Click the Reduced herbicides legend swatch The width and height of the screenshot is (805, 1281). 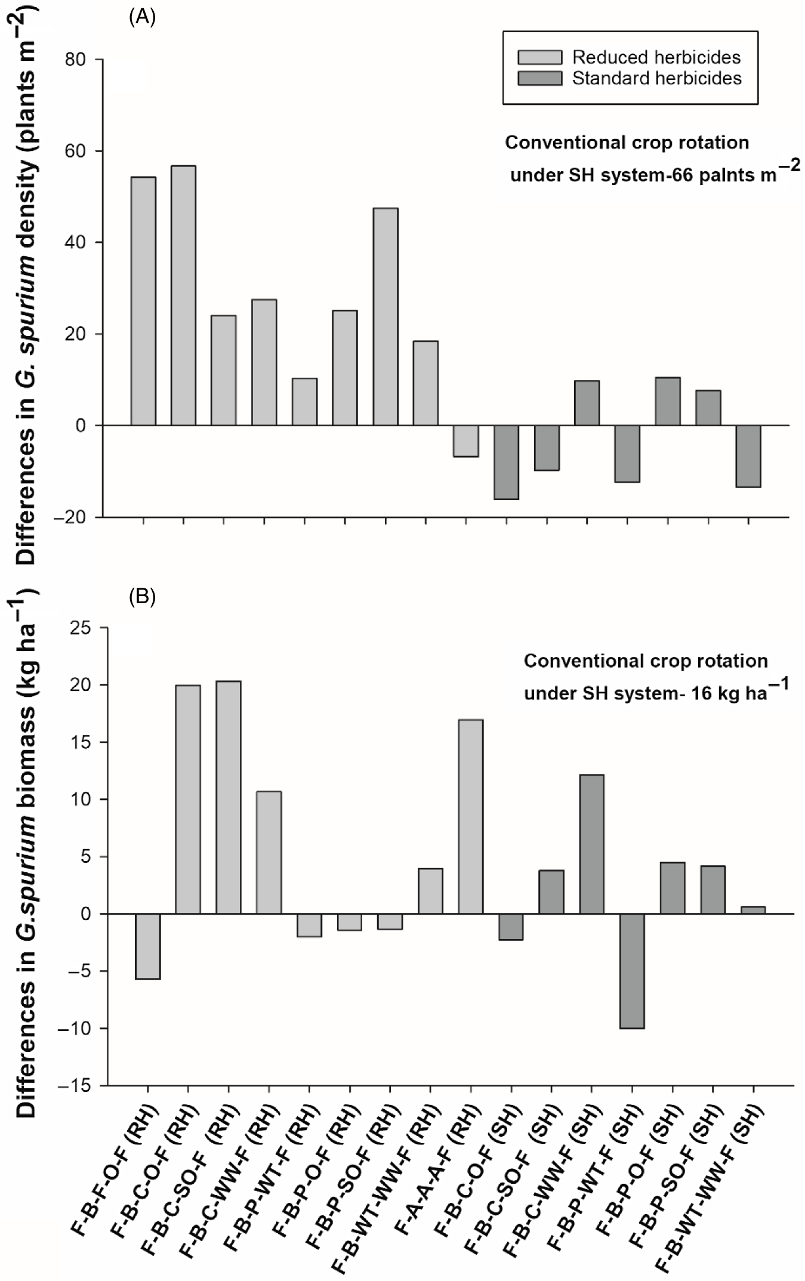(540, 57)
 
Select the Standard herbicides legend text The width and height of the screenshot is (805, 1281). (657, 78)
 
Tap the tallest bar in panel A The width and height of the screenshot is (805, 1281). (183, 295)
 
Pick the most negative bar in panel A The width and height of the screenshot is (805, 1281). (507, 462)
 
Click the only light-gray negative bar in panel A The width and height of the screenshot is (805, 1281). (466, 441)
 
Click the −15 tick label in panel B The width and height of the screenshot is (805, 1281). (74, 1085)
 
